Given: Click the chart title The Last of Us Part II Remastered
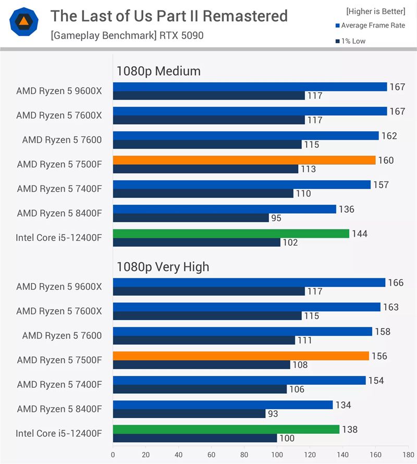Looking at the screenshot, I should tap(169, 16).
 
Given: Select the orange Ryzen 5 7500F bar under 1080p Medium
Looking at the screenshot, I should tap(244, 160).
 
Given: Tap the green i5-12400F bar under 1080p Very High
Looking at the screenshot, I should tap(226, 430).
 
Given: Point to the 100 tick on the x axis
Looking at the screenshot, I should tap(277, 454).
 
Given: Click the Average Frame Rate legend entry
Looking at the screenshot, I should tap(372, 26).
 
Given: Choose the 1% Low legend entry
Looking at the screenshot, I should tap(353, 41).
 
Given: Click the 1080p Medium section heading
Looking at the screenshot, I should tap(158, 71).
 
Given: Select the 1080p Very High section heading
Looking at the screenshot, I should tap(163, 267).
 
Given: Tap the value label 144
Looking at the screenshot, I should tap(360, 234).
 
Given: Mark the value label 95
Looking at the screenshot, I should tap(276, 218).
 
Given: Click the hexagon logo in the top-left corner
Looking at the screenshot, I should tap(24, 21).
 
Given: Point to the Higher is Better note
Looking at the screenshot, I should tap(375, 11).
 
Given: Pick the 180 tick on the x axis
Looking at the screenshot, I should tap(408, 454).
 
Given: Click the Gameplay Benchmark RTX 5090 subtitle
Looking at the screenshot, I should tap(127, 36).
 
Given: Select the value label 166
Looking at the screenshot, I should tap(396, 283).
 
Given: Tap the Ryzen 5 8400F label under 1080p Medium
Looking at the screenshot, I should tap(59, 213).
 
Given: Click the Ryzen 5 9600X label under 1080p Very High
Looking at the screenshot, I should tap(59, 286).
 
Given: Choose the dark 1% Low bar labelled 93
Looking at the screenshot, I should tap(189, 413).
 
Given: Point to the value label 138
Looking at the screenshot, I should tap(350, 430).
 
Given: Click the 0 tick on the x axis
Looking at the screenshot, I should tap(113, 454).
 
